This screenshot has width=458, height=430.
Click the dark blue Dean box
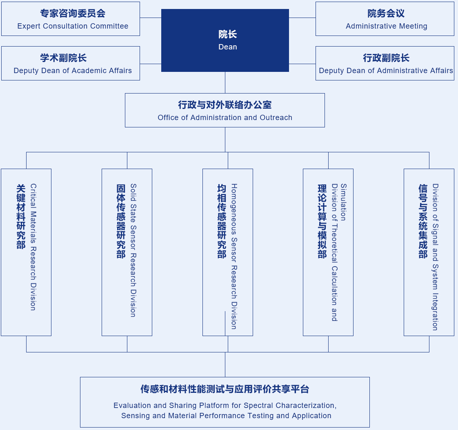coord(225,40)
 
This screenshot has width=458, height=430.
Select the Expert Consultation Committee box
coord(71,19)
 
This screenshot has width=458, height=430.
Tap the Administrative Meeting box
coord(385,19)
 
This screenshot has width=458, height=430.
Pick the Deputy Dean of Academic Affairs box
coord(71,63)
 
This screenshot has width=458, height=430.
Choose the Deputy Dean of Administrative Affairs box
coord(385,63)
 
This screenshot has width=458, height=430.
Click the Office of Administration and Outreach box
coord(225,110)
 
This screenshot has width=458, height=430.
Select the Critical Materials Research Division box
coord(26,252)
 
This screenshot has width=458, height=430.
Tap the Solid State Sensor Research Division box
coord(127,252)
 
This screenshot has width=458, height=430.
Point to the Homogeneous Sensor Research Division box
coord(228,252)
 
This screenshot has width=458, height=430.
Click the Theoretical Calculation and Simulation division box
coord(328,252)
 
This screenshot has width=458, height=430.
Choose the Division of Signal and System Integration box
coord(429,252)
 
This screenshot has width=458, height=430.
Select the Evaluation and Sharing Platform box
coord(225,402)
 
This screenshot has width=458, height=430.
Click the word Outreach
coord(276,118)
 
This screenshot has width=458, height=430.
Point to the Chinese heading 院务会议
coord(386,13)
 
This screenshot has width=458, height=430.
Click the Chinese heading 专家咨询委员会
coord(73,13)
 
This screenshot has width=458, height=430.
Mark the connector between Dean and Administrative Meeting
coord(302,18)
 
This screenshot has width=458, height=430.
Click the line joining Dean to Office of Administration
coord(225,82)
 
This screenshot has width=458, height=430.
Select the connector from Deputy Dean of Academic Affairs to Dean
coord(151,64)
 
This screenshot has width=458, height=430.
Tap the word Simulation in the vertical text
coord(344,202)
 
